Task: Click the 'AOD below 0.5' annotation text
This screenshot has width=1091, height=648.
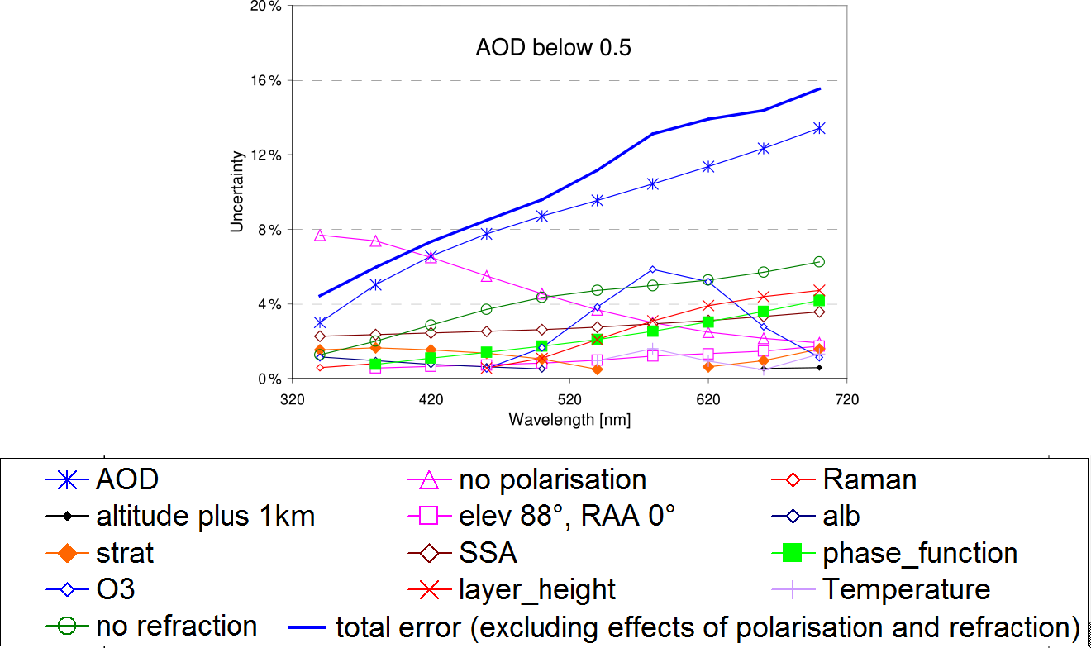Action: coord(553,48)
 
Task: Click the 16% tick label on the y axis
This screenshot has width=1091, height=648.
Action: coord(265,80)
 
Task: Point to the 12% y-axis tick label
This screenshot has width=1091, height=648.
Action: coord(265,155)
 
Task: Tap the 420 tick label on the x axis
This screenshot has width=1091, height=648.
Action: coord(431,400)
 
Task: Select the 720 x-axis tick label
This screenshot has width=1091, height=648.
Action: coord(846,400)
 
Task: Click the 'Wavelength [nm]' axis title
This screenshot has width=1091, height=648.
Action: coord(569,420)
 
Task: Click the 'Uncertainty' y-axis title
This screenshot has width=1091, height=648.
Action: coord(238,191)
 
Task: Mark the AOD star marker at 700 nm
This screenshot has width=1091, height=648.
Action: coord(819,128)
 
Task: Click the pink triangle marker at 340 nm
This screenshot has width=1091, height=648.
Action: coord(320,236)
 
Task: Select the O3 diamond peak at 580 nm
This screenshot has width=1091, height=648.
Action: coord(653,269)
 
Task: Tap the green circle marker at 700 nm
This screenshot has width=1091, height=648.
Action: coord(819,262)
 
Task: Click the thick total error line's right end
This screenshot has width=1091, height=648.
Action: coord(819,88)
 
